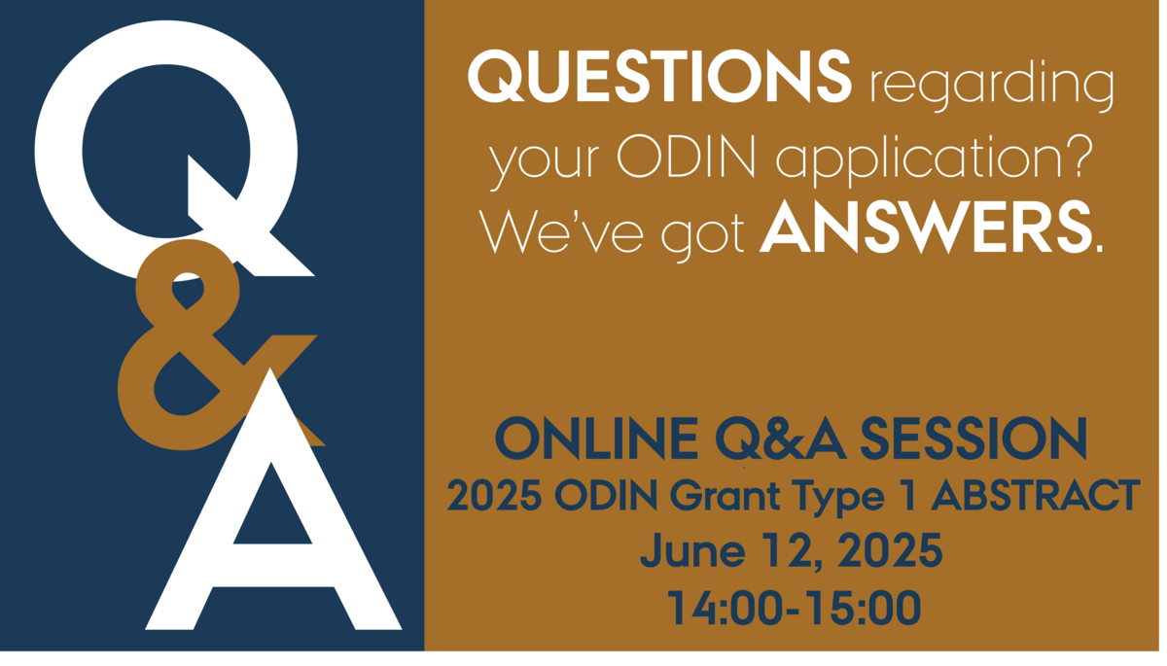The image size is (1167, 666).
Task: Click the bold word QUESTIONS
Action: click(659, 77)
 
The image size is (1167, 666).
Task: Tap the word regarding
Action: click(992, 85)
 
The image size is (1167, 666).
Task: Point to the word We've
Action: click(561, 230)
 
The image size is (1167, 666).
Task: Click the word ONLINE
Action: click(596, 438)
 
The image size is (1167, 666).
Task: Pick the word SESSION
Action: click(973, 438)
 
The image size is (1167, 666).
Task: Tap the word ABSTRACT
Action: click(1036, 495)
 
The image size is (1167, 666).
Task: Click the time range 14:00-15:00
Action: click(794, 607)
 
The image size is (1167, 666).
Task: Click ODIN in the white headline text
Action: click(687, 157)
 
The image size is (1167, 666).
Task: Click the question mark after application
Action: click(1078, 156)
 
